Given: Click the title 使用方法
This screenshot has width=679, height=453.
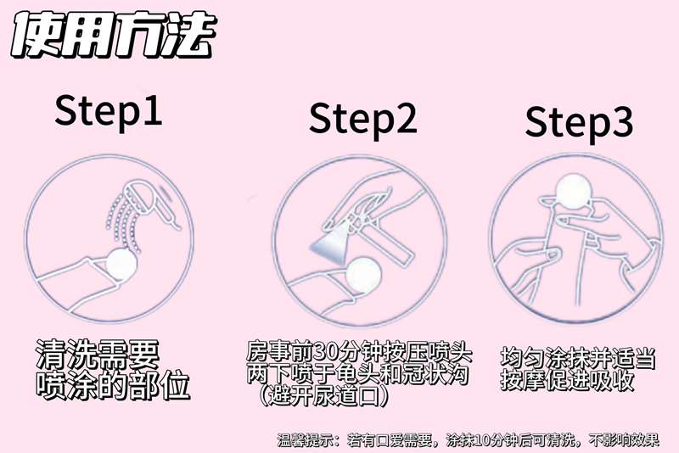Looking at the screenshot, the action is click(114, 35).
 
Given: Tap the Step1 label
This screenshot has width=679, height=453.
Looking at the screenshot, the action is click(109, 111).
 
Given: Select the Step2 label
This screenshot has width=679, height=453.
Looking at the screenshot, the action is click(363, 119).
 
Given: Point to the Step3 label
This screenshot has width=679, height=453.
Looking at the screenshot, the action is click(579, 122).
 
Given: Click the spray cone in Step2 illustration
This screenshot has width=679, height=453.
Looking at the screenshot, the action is click(331, 243).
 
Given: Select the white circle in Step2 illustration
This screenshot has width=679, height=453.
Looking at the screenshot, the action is click(364, 275).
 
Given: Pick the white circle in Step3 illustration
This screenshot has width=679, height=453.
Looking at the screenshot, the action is click(574, 191).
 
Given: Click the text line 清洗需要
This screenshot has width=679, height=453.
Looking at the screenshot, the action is click(98, 355).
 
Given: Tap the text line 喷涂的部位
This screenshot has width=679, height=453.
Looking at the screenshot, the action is click(113, 384).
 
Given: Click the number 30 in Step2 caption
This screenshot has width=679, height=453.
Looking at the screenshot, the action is click(324, 352).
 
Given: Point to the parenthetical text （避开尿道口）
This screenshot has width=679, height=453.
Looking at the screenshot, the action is click(323, 395).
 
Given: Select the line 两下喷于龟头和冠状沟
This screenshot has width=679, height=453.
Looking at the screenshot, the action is click(357, 373).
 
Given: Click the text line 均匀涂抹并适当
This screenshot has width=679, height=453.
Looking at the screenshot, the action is click(577, 358).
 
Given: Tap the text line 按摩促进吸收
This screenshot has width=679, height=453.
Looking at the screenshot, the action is click(567, 380).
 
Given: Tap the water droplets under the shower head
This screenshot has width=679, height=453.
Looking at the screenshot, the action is click(123, 223).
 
